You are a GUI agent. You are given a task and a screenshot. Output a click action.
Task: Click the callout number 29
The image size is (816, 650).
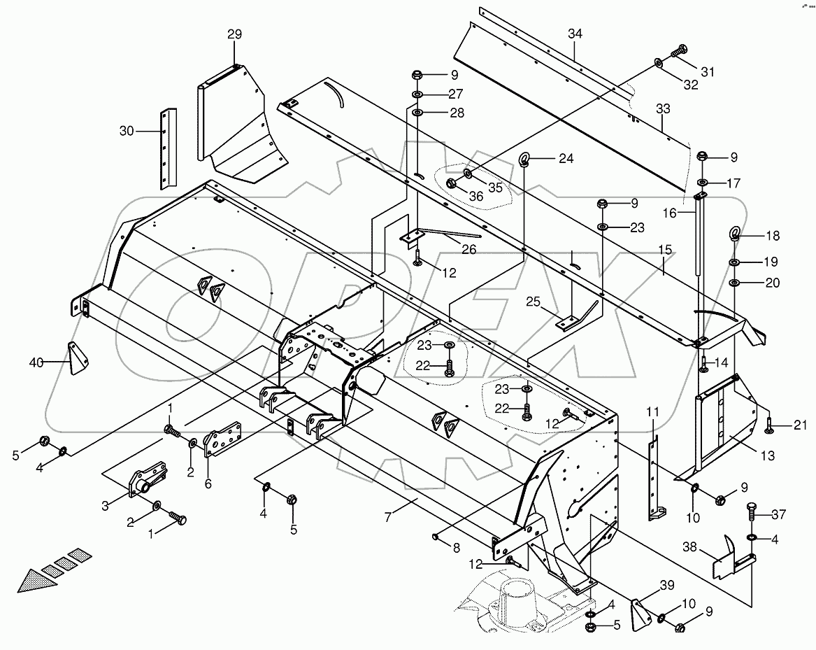[x=234, y=34]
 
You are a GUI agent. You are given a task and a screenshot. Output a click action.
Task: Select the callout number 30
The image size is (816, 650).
[x=127, y=130]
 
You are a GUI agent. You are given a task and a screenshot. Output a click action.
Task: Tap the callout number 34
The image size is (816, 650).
[x=575, y=34]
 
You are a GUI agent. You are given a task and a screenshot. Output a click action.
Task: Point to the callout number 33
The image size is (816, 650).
[x=663, y=108]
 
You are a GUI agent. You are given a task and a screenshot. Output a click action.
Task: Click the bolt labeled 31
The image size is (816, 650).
[x=680, y=51]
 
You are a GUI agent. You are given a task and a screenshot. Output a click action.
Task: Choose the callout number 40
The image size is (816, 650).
[x=36, y=362]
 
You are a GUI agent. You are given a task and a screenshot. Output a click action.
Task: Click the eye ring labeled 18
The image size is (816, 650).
[x=736, y=234]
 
